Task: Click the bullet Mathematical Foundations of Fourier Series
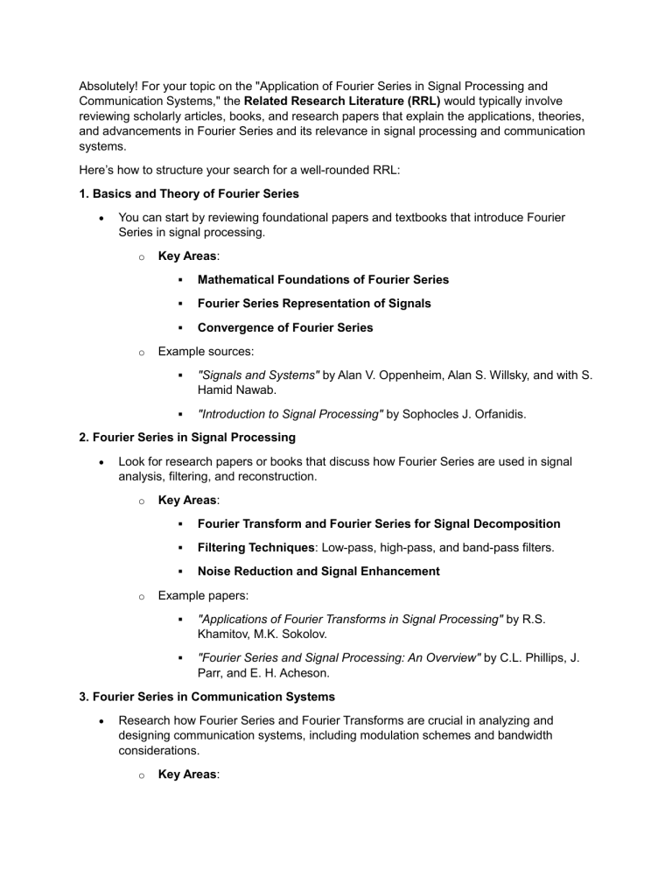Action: (x=323, y=280)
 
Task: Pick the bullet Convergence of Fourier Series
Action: (x=285, y=328)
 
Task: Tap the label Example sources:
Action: (x=203, y=352)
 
